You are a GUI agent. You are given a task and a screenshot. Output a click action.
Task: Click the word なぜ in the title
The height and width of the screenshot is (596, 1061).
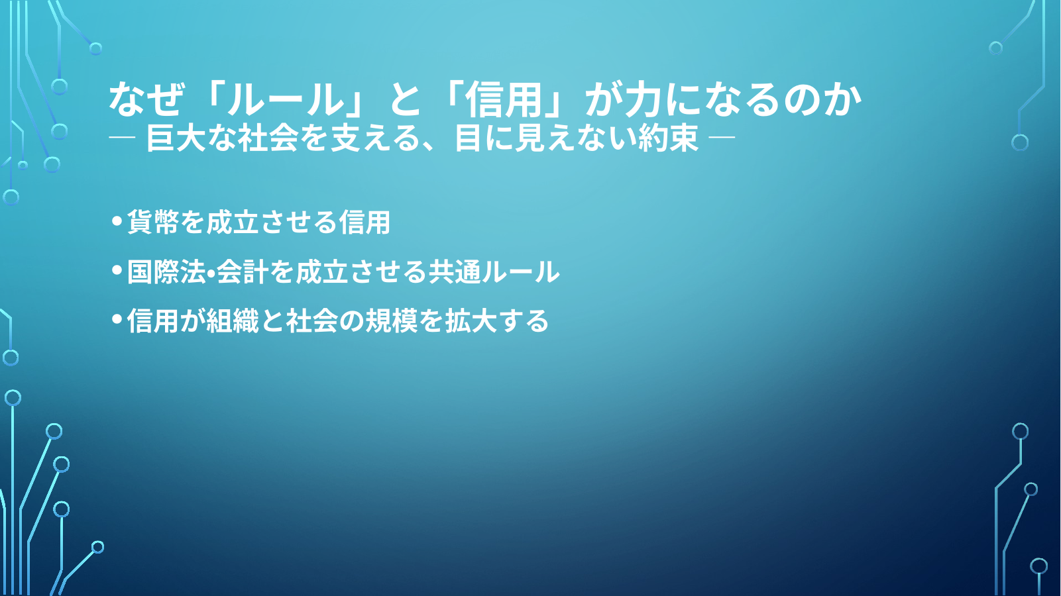tap(145, 100)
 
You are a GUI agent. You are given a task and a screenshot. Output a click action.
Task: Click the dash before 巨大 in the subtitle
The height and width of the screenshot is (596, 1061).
tap(122, 138)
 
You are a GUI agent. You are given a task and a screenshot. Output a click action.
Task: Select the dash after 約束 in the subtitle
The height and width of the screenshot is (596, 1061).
tap(722, 138)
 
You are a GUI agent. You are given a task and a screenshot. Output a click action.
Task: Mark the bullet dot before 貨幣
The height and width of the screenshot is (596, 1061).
tap(117, 221)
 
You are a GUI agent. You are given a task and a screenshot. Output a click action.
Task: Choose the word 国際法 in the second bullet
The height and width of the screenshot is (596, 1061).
tap(166, 272)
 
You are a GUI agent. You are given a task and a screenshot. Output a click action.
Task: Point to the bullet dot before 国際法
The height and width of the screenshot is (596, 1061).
tap(117, 270)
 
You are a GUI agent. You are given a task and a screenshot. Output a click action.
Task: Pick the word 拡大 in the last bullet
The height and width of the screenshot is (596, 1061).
tap(471, 321)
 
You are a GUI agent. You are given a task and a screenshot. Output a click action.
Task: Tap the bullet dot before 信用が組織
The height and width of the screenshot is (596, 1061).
tap(117, 319)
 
